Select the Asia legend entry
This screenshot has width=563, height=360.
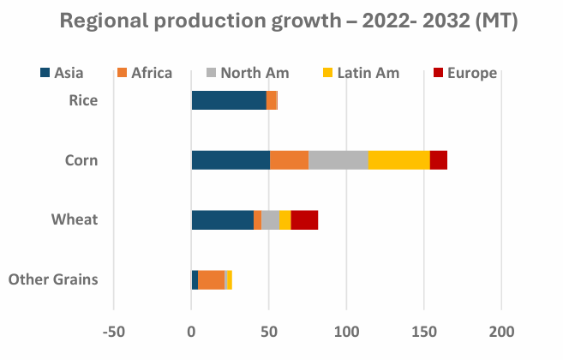point(70,73)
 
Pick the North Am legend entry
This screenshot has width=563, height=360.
point(244,73)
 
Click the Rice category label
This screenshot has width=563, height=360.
point(83,100)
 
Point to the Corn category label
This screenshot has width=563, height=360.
point(81,160)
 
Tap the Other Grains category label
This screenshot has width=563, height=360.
point(52,279)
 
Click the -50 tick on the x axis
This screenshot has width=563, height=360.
point(113,331)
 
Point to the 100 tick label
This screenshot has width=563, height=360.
point(346,331)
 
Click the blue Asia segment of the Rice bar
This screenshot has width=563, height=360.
point(229,100)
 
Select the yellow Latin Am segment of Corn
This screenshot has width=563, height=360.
point(398,160)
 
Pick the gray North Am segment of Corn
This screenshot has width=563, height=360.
point(338,160)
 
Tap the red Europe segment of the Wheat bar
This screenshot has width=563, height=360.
point(304,220)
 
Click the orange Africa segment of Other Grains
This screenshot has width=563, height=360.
point(211,279)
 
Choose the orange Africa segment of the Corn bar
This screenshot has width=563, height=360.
point(289,160)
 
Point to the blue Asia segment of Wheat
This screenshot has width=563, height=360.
point(222,220)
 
